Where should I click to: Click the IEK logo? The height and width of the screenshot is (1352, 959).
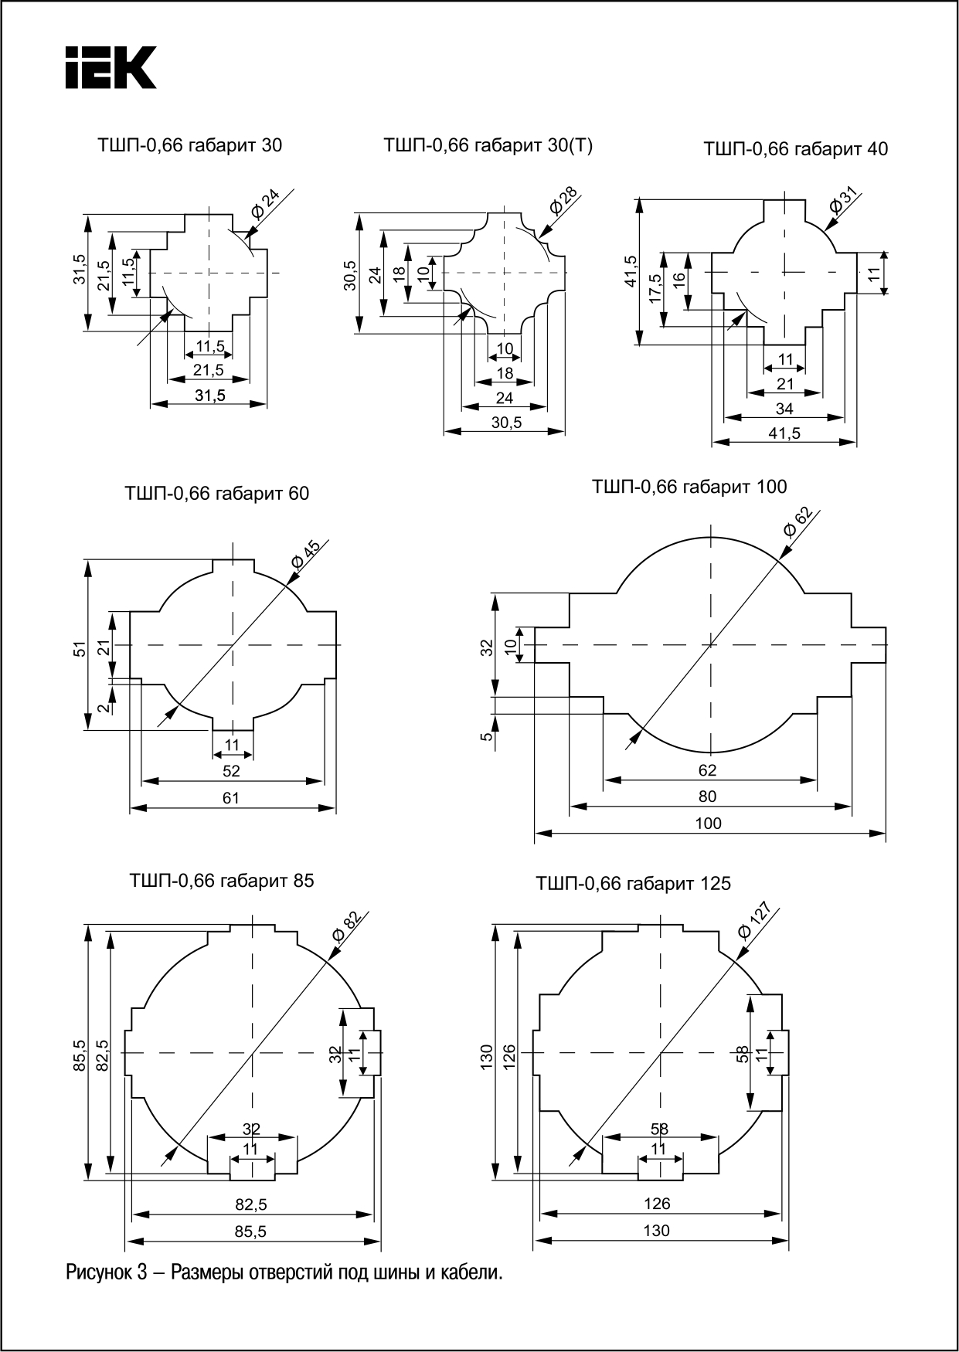[x=110, y=67]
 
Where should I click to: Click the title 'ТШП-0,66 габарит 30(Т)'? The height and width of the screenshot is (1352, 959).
[x=488, y=145]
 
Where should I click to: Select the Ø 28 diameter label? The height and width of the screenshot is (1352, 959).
[x=563, y=200]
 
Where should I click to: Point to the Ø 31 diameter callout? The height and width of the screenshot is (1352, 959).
[x=844, y=200]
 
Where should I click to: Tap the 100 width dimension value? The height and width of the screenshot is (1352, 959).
[x=708, y=824]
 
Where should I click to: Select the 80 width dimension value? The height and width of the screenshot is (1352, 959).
[x=707, y=797]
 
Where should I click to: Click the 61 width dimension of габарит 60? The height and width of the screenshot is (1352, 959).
[x=231, y=798]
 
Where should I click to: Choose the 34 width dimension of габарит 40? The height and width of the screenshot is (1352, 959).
[x=784, y=409]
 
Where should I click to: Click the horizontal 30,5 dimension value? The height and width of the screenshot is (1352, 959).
[x=506, y=423]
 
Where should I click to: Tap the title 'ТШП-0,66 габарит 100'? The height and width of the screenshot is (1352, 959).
[x=689, y=487]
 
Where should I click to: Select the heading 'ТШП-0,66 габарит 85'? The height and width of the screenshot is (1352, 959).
[x=222, y=881]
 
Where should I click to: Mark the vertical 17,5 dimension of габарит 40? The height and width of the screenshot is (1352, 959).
[x=655, y=289]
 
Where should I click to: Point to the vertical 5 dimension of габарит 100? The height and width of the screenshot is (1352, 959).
[x=486, y=736]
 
